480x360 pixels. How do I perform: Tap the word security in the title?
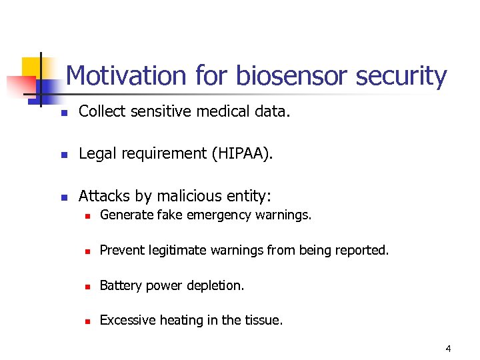click(401, 76)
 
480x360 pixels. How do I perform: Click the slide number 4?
click(449, 349)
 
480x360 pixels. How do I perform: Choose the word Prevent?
click(120, 250)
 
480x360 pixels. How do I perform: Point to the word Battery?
click(119, 285)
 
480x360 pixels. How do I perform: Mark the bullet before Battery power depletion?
click(86, 286)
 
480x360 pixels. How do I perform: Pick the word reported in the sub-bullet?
click(364, 250)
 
